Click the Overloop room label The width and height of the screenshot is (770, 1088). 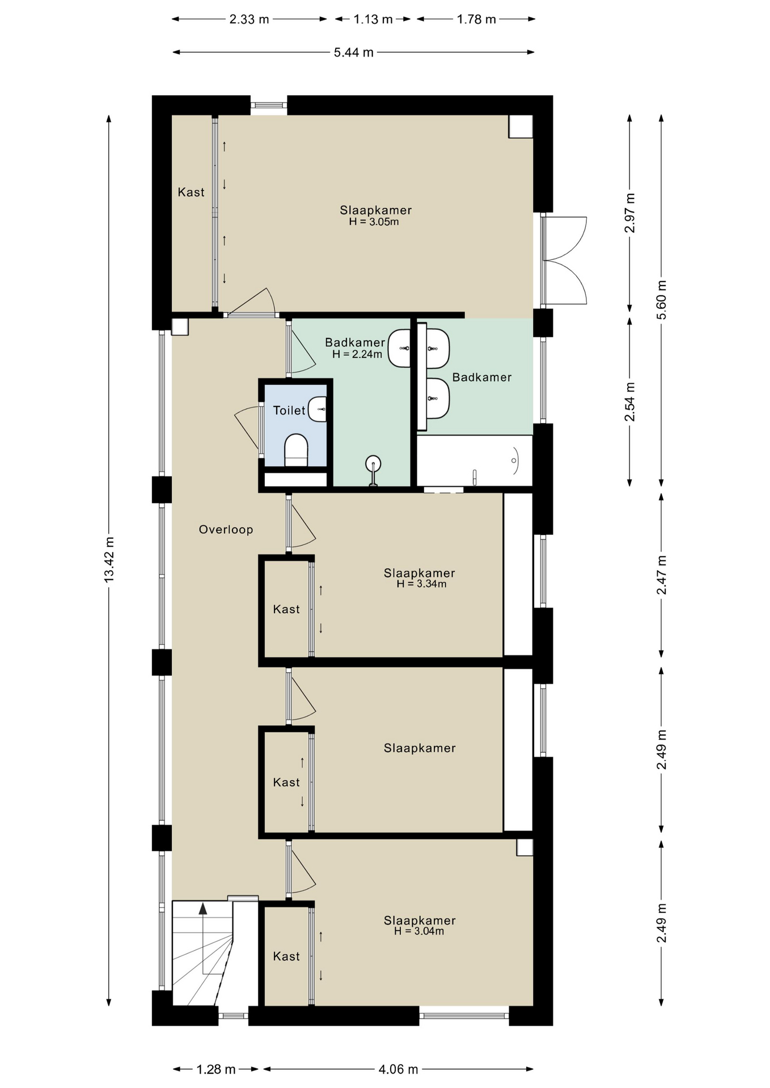pos(226,529)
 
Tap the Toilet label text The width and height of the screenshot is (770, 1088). pos(289,410)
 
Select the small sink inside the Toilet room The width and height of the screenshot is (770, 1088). pos(318,409)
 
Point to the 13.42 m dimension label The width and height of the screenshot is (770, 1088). pos(109,559)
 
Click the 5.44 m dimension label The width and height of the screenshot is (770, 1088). pos(354,53)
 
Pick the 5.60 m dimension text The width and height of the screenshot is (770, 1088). pos(662,300)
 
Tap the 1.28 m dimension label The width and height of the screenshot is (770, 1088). pos(216,1069)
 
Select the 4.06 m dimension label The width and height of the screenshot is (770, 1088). pos(399,1069)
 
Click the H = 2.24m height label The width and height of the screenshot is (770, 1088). pos(357,354)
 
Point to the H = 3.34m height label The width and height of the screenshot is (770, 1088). pos(421,584)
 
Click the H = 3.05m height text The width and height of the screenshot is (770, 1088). pos(374,222)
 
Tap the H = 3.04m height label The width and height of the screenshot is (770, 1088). pos(419,931)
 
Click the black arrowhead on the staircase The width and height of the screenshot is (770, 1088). pos(202,908)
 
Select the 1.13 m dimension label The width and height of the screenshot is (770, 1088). pos(373,19)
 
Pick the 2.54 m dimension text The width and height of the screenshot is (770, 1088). pos(630,402)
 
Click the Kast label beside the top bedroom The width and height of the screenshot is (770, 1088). pos(191,192)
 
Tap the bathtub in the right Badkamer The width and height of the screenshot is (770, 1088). pos(475,461)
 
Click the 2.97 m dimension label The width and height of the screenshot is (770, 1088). pos(630,213)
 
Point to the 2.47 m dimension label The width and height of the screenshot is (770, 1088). pos(662,575)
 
